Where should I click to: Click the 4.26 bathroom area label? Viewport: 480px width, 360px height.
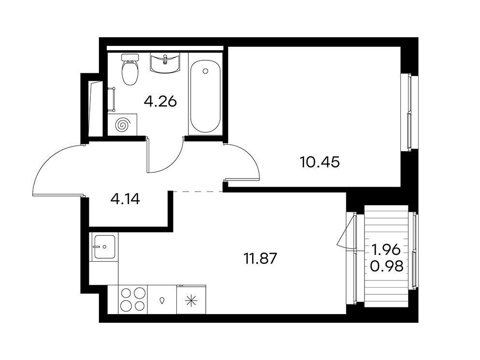click(160, 101)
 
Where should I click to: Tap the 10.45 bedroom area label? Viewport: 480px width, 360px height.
click(320, 162)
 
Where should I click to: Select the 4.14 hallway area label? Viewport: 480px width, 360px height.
click(125, 199)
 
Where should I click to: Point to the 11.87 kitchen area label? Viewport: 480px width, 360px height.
click(260, 259)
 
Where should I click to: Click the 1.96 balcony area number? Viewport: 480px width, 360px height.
click(386, 250)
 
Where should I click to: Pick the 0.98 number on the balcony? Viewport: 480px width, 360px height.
click(386, 267)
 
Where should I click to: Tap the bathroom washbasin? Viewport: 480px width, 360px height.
click(165, 63)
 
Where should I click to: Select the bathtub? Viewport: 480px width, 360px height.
click(205, 96)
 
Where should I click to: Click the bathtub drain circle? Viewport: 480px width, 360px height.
click(205, 71)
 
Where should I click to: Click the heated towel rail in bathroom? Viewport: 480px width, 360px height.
click(112, 99)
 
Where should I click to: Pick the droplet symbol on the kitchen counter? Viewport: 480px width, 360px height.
click(162, 301)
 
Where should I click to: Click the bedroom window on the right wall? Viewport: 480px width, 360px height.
click(409, 112)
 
